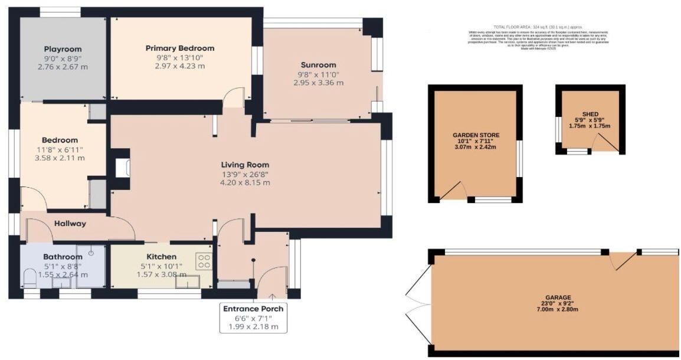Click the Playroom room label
(x=63, y=49)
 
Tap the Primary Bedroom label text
(x=180, y=48)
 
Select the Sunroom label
(x=318, y=65)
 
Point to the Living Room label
(x=245, y=165)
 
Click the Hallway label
(x=70, y=224)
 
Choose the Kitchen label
(x=162, y=257)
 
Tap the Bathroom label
(x=63, y=257)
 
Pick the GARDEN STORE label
(x=475, y=135)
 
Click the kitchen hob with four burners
(x=204, y=261)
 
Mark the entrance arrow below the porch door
(x=273, y=296)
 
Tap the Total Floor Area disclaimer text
(x=539, y=36)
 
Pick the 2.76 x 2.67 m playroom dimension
(x=63, y=68)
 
